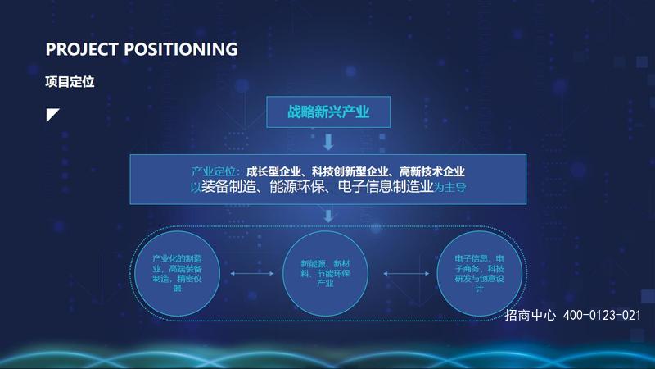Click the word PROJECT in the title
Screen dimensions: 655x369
pos(81,49)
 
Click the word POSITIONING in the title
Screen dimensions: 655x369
pos(181,49)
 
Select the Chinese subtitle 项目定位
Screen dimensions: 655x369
pos(70,81)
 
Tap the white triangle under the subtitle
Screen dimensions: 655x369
pos(52,114)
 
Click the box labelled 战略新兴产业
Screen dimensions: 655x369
pos(328,112)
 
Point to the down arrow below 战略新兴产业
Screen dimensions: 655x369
pos(328,142)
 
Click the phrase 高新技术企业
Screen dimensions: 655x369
pos(432,171)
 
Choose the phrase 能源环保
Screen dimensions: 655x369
pos(296,187)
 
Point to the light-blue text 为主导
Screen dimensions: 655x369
pos(449,187)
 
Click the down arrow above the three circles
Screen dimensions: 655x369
pos(328,216)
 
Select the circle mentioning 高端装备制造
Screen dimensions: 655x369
pos(177,273)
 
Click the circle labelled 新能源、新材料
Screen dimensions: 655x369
pos(325,273)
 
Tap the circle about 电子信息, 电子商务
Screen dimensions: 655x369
pos(479,273)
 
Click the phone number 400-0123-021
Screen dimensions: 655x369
pos(602,315)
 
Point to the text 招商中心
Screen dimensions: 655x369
pos(530,315)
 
